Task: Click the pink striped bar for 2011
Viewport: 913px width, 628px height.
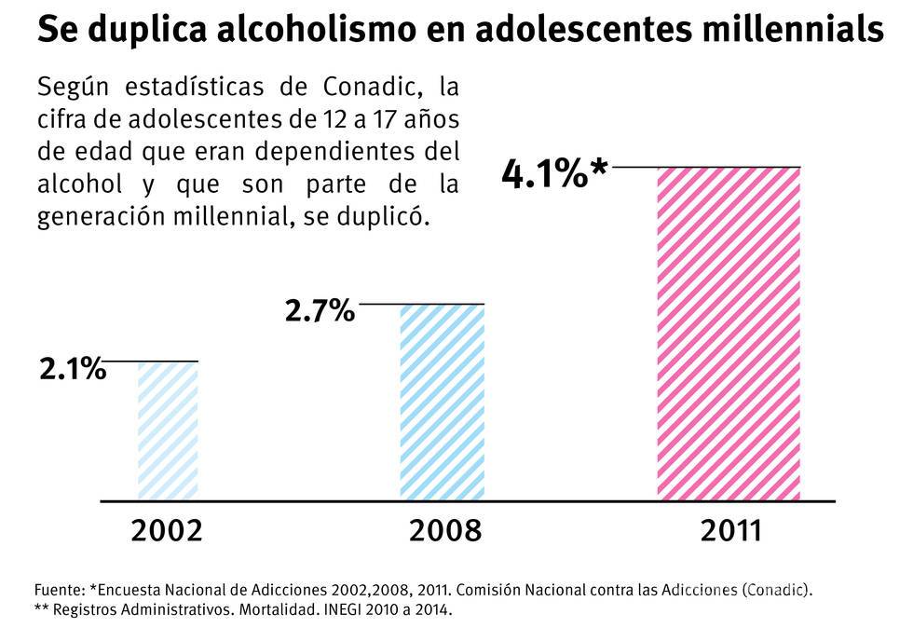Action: point(729,334)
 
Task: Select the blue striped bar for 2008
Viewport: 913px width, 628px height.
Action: point(442,403)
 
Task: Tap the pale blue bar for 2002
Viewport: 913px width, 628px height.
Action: point(168,430)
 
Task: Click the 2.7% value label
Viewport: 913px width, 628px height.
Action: point(320,310)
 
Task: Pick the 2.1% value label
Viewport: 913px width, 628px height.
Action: point(72,369)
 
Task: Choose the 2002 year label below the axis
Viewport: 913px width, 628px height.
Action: point(167,531)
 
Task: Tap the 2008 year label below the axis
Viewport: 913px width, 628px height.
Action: point(445,531)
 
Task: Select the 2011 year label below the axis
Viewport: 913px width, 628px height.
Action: point(731,531)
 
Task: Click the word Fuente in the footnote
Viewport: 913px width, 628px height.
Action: point(58,590)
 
